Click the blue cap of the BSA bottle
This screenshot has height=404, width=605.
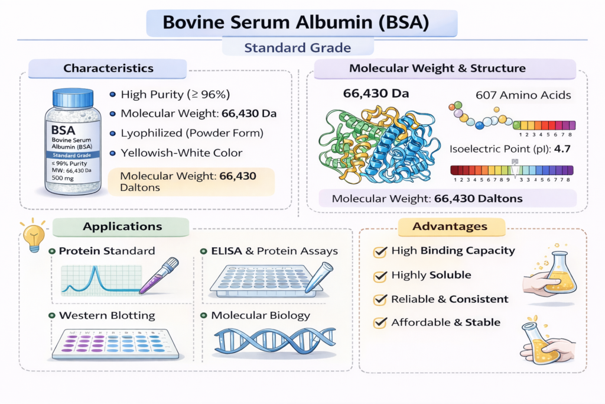click(x=73, y=98)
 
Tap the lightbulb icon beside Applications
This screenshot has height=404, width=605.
click(x=34, y=235)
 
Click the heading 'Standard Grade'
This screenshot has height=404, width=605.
click(x=298, y=48)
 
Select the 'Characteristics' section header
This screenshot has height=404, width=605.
click(x=108, y=69)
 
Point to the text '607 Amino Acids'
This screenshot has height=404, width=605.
click(x=523, y=95)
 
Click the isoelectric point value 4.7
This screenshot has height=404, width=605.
click(x=562, y=149)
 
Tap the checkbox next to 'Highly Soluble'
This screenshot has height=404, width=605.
click(x=380, y=276)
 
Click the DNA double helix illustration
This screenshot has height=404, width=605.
click(x=275, y=340)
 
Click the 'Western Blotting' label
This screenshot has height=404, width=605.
click(x=107, y=315)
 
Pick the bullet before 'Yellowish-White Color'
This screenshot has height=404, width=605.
click(x=113, y=153)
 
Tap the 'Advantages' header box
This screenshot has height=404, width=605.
click(x=450, y=227)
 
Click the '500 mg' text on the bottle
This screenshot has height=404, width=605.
click(x=63, y=178)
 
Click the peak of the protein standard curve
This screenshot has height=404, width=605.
click(x=95, y=267)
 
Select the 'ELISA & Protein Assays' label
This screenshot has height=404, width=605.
click(x=274, y=251)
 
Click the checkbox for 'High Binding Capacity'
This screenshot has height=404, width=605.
click(x=380, y=252)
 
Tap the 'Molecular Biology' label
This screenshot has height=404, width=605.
click(x=261, y=315)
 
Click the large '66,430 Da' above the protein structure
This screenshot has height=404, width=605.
click(x=376, y=93)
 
